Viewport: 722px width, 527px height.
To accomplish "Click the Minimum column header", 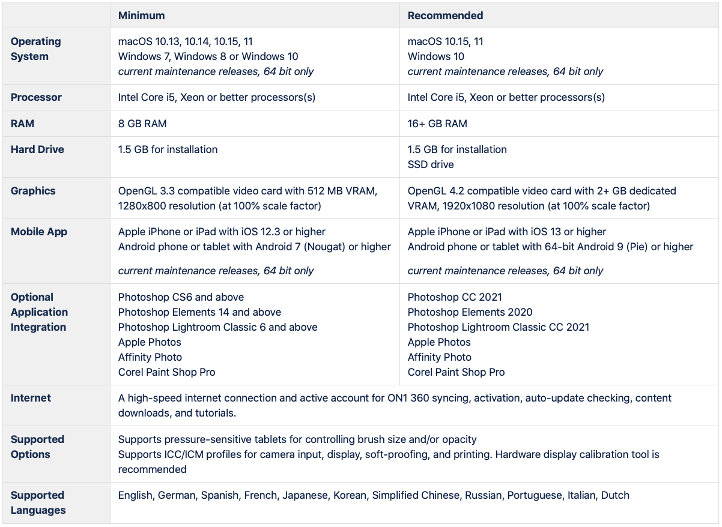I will tap(141, 16).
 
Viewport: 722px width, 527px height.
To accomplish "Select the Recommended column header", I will tap(445, 16).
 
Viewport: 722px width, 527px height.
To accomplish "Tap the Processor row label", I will tap(36, 97).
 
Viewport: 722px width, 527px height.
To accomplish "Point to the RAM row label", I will tap(22, 124).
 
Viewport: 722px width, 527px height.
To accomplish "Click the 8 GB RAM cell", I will tap(142, 124).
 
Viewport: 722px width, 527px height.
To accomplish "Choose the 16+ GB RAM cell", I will tap(437, 124).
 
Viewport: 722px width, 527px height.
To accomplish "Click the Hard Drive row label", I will tap(37, 149).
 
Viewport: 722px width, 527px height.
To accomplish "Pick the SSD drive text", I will tap(431, 164).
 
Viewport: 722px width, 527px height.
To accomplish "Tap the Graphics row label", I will tap(33, 191).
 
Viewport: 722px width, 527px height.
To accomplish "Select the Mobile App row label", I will tap(39, 232).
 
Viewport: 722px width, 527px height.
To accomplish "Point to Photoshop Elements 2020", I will tap(470, 312).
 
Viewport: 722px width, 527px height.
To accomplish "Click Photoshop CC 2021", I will tap(455, 297).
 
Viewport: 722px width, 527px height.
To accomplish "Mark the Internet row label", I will tap(31, 398).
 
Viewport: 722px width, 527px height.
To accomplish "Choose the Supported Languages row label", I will tap(38, 502).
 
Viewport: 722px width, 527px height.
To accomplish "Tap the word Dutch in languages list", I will tap(615, 495).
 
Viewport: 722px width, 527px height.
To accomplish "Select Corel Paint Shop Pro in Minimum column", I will tap(166, 372).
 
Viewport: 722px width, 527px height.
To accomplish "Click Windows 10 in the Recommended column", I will tap(435, 56).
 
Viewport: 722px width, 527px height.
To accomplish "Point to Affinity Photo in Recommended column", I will tap(439, 357).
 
